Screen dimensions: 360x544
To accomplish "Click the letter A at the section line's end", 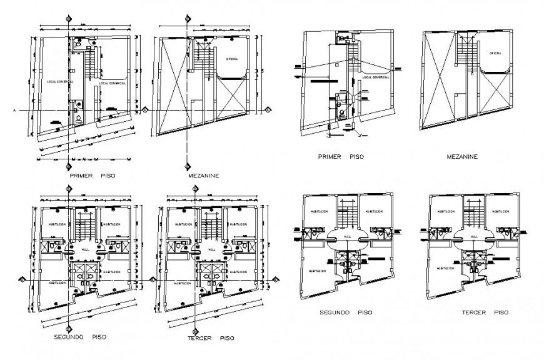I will coord(14,111).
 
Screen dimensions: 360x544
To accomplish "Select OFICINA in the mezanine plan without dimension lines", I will coord(496,54).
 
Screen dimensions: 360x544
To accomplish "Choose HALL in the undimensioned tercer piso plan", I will coord(475,237).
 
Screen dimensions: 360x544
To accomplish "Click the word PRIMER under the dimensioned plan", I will coord(81,177).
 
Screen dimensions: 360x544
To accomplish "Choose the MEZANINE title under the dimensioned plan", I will coord(203,177).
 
